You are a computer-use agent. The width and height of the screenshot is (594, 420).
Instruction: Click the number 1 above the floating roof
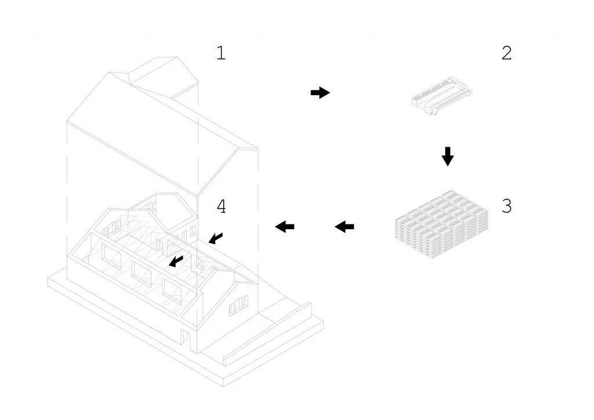(220, 53)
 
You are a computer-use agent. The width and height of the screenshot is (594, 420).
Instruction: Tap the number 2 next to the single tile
(506, 53)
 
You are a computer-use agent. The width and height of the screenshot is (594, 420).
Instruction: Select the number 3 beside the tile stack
(506, 206)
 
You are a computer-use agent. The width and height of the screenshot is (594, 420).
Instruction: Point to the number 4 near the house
(221, 206)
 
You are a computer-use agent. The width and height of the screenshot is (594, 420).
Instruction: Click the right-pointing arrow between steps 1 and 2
(320, 93)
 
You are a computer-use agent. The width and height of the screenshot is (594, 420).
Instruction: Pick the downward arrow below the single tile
(447, 156)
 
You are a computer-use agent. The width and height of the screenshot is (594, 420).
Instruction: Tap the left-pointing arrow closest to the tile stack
(345, 227)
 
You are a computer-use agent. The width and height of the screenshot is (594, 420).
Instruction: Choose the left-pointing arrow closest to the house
(284, 227)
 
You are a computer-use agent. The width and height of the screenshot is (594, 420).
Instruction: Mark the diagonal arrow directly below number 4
(215, 237)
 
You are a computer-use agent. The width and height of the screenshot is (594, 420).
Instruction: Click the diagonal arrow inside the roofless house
(176, 260)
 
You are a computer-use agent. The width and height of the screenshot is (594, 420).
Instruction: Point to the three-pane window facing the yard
(238, 305)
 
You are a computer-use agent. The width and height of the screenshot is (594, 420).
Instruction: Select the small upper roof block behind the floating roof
(168, 75)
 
